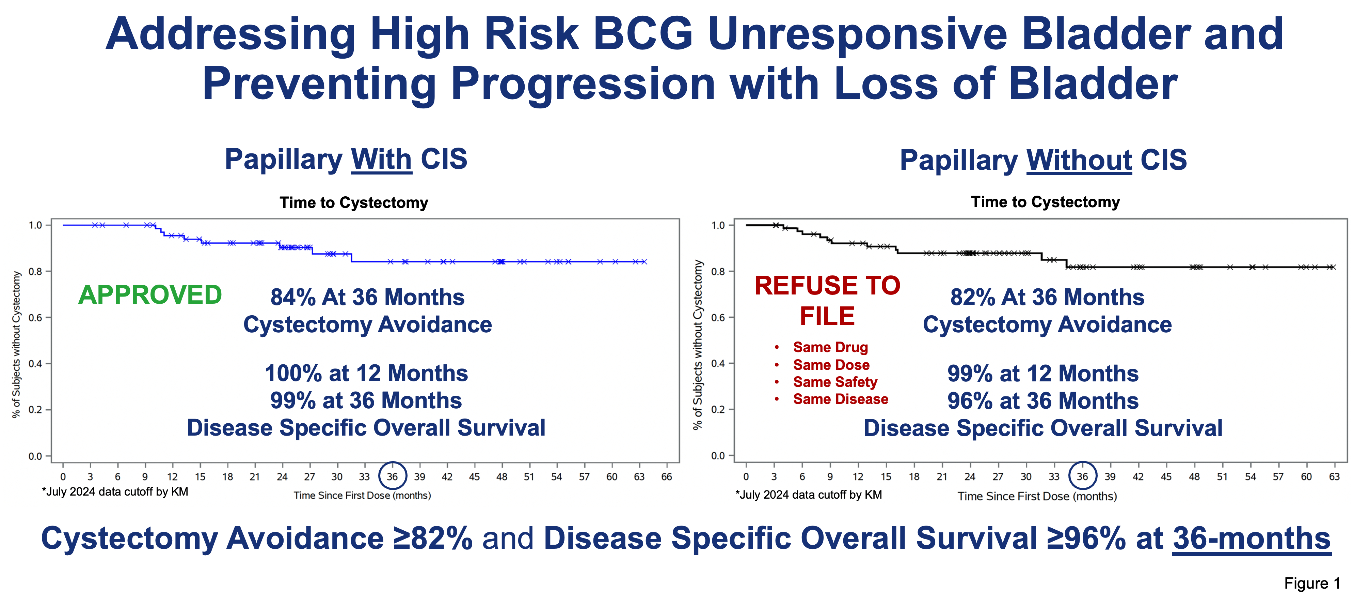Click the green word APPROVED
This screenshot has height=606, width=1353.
[x=150, y=295]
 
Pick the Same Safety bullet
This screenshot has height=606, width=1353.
[x=834, y=382]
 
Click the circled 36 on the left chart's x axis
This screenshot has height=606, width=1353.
[x=392, y=476]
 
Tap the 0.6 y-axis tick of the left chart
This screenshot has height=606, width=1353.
[x=35, y=317]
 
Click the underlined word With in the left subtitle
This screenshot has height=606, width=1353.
[x=381, y=159]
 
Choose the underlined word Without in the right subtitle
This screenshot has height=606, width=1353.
[x=1079, y=160]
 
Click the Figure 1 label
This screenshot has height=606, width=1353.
[x=1311, y=584]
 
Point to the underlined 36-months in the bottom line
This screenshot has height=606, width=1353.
[x=1251, y=539]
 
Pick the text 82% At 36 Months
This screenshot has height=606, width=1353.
[x=1047, y=298]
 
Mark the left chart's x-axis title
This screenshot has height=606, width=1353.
[x=362, y=496]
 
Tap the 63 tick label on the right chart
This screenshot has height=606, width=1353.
[x=1334, y=477]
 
